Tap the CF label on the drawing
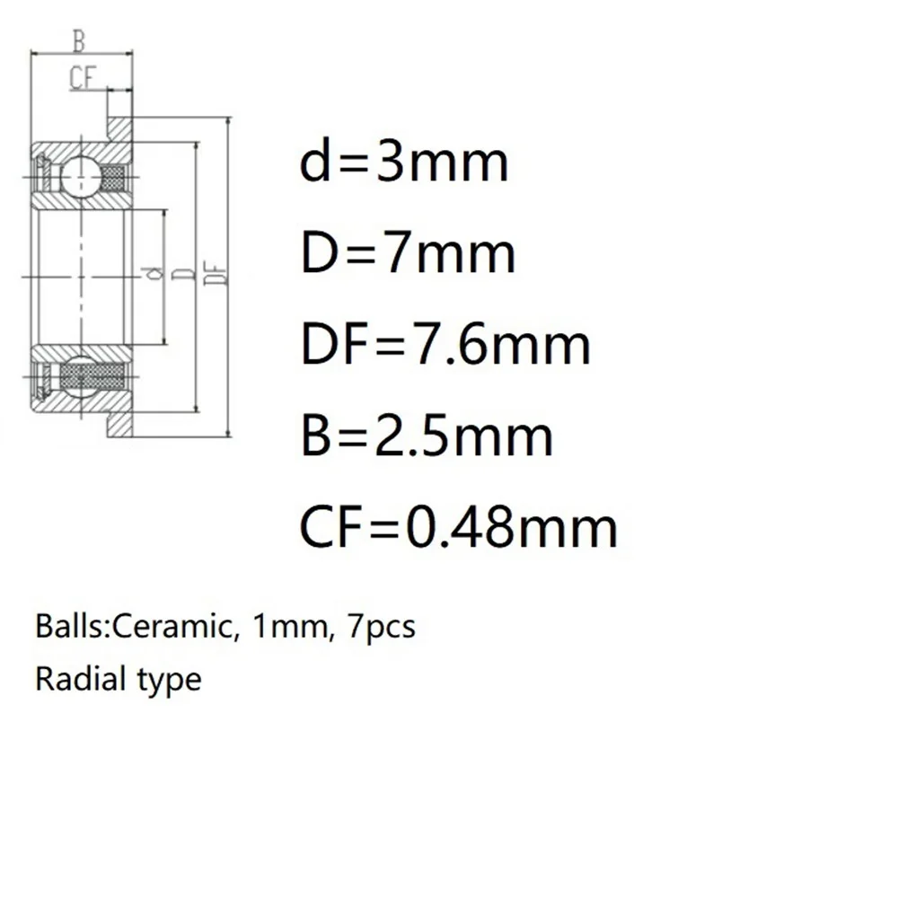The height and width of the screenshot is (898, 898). (x=83, y=78)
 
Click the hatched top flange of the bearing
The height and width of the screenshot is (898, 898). (x=121, y=128)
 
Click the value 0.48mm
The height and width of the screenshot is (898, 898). (x=512, y=527)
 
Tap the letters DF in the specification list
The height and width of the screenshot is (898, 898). (x=330, y=345)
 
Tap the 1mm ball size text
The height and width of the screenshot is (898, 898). (x=287, y=626)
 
